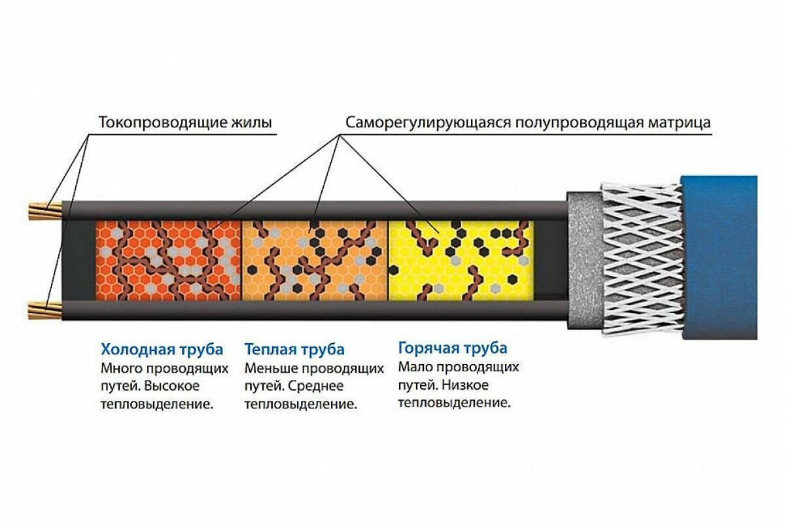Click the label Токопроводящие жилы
(185, 122)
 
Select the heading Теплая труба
(294, 349)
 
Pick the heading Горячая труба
(453, 347)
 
